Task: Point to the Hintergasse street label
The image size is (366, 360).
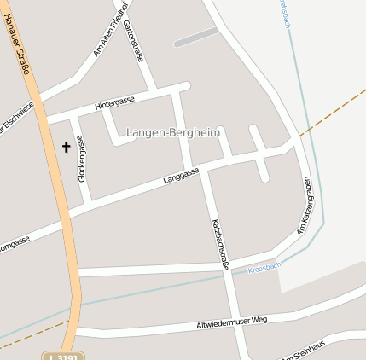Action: click(x=114, y=102)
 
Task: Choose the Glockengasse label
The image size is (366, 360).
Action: click(x=82, y=158)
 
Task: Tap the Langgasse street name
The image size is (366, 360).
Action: click(x=181, y=177)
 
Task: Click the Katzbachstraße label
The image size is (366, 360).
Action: click(x=219, y=244)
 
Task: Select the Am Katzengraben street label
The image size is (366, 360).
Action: click(x=304, y=206)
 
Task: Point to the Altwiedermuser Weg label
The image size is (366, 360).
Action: click(x=232, y=322)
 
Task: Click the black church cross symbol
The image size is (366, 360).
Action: click(x=66, y=147)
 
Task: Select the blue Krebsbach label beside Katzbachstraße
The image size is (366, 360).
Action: click(x=264, y=268)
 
